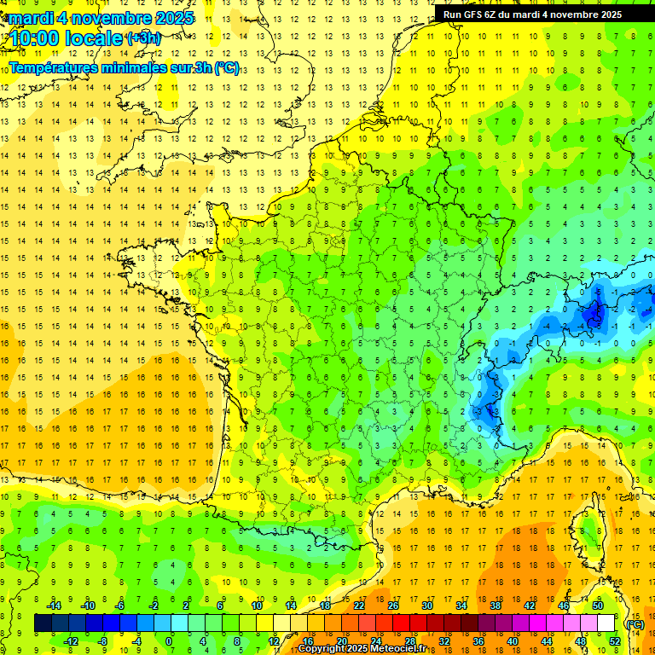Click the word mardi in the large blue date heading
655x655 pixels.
tap(34, 18)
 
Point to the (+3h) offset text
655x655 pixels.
tap(142, 38)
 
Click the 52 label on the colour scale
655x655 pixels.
tap(615, 641)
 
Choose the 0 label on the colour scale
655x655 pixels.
tap(169, 641)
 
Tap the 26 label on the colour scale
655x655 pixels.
tap(393, 606)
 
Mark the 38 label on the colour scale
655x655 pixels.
tap(496, 606)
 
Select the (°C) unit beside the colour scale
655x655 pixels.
tap(635, 623)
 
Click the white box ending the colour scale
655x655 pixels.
tap(606, 623)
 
